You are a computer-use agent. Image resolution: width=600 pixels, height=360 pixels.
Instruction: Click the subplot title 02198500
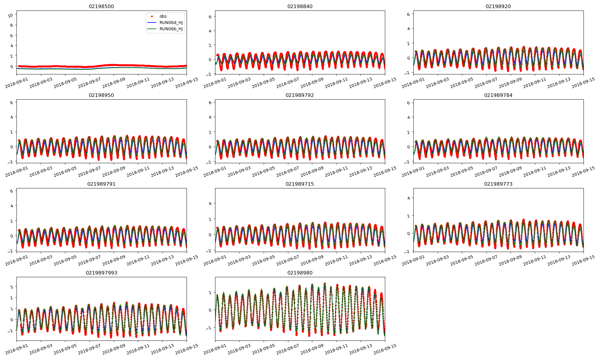tap(101, 6)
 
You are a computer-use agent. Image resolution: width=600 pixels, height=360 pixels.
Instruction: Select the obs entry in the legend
tap(163, 16)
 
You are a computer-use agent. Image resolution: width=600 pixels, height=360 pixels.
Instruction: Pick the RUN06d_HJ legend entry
tap(171, 22)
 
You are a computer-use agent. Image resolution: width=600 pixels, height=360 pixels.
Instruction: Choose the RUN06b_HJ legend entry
tap(171, 29)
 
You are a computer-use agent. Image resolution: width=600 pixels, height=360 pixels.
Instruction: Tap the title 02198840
tap(300, 6)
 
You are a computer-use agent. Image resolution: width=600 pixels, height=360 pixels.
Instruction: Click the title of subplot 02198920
tap(498, 6)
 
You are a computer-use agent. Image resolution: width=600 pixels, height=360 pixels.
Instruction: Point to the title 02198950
tap(101, 95)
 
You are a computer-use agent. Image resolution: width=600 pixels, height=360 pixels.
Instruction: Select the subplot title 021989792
tap(300, 95)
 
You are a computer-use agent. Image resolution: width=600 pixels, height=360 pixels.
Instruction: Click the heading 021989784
tap(498, 95)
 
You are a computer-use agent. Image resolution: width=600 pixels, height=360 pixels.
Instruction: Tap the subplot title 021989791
tap(101, 184)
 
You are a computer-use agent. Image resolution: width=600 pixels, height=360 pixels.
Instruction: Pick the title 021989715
tap(300, 184)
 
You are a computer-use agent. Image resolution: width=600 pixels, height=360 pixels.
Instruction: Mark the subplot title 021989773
tap(498, 184)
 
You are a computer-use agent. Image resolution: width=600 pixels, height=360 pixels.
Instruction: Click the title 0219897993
tap(101, 273)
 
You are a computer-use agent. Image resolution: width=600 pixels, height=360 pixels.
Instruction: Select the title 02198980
tap(300, 273)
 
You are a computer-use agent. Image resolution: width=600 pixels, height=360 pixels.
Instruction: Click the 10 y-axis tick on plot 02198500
tap(10, 15)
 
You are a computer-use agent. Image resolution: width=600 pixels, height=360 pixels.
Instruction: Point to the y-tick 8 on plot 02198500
tap(12, 25)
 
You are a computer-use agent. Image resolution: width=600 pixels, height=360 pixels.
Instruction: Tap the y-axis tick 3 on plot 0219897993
tap(12, 287)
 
